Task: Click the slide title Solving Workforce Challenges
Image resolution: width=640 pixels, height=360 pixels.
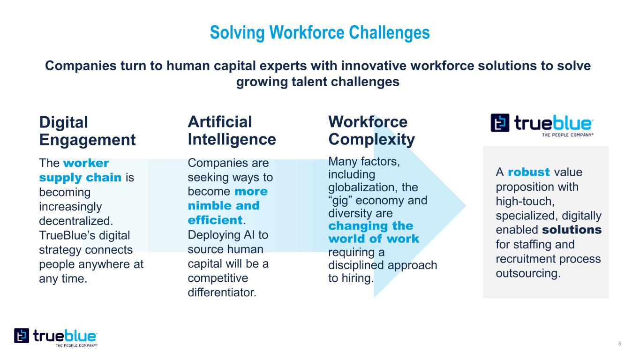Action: coord(320,32)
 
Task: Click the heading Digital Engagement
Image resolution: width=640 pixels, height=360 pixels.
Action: coord(87,131)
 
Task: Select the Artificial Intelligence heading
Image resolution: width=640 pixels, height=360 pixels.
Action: coord(232,131)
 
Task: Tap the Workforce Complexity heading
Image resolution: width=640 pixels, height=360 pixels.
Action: coord(371,131)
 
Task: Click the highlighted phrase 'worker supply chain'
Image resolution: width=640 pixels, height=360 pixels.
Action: coord(80,170)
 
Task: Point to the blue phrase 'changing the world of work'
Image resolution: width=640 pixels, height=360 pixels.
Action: coord(374,232)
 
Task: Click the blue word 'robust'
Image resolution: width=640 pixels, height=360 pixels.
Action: coord(529,172)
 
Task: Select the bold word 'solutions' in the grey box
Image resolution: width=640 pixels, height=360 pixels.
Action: coord(572,230)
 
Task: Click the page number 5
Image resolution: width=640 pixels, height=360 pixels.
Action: coord(619,344)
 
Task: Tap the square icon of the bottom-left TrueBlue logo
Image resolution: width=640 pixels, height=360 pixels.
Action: coord(22,336)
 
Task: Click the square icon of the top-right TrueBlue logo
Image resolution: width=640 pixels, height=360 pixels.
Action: coord(500,123)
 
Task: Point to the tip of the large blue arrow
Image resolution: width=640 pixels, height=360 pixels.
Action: coord(466,205)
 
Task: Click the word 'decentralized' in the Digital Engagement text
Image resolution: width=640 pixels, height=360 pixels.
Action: coord(76,221)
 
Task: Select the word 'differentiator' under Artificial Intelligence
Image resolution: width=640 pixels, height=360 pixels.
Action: coord(222,292)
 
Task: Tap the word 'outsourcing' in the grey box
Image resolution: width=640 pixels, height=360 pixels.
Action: coord(528,273)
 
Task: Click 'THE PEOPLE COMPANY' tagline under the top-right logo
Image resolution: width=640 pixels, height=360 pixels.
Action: coord(568,135)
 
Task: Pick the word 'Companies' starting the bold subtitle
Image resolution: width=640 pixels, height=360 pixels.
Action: coord(81,66)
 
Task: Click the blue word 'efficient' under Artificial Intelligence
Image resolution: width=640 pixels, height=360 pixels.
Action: coord(215,220)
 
